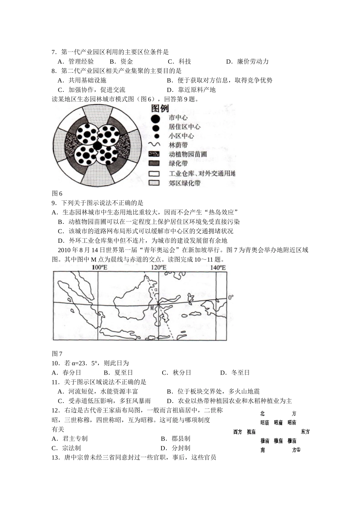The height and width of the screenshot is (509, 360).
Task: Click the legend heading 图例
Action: [x=160, y=109]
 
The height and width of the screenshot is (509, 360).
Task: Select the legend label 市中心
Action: [x=178, y=118]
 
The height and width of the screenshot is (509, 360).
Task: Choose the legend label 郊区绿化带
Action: [x=185, y=183]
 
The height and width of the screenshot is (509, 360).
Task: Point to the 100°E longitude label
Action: [x=99, y=268]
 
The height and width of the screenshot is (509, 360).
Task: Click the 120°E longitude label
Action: [x=158, y=268]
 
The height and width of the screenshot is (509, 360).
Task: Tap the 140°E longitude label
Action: [x=218, y=268]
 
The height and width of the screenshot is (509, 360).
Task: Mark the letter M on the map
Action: [x=152, y=308]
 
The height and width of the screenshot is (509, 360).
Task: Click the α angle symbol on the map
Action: [x=155, y=290]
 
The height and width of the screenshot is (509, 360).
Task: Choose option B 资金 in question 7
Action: [x=121, y=61]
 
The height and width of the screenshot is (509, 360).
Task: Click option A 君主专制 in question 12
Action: [x=70, y=439]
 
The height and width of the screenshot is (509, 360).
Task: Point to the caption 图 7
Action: [x=57, y=354]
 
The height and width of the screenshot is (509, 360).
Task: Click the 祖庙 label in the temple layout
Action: [x=251, y=432]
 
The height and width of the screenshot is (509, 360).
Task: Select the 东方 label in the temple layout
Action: [x=305, y=432]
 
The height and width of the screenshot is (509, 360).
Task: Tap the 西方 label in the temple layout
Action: [x=238, y=432]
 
